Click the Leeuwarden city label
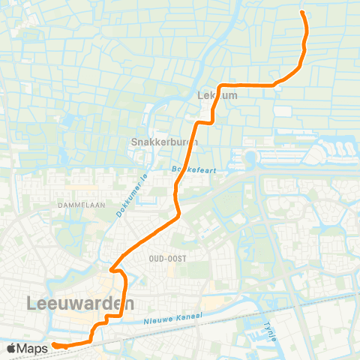(80, 304)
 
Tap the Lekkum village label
(217, 96)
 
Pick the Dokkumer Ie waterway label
(133, 197)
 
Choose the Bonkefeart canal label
(193, 170)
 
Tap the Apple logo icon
(12, 347)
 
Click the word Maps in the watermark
(34, 347)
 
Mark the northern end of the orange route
(302, 13)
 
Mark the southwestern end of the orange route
(54, 345)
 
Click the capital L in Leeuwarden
(31, 304)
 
